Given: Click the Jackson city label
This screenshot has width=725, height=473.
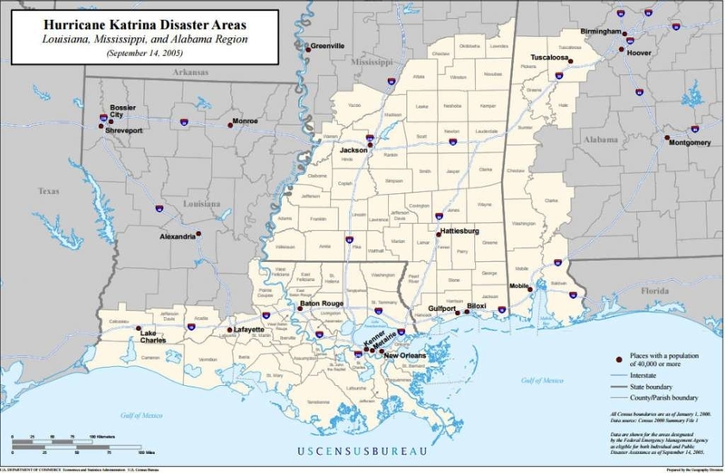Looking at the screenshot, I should point(353,150).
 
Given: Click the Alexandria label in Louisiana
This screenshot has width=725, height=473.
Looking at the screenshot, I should point(177,236).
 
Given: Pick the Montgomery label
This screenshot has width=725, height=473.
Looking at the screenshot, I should point(690,142).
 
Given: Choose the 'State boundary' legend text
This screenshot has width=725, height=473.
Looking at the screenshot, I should point(640,386).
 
